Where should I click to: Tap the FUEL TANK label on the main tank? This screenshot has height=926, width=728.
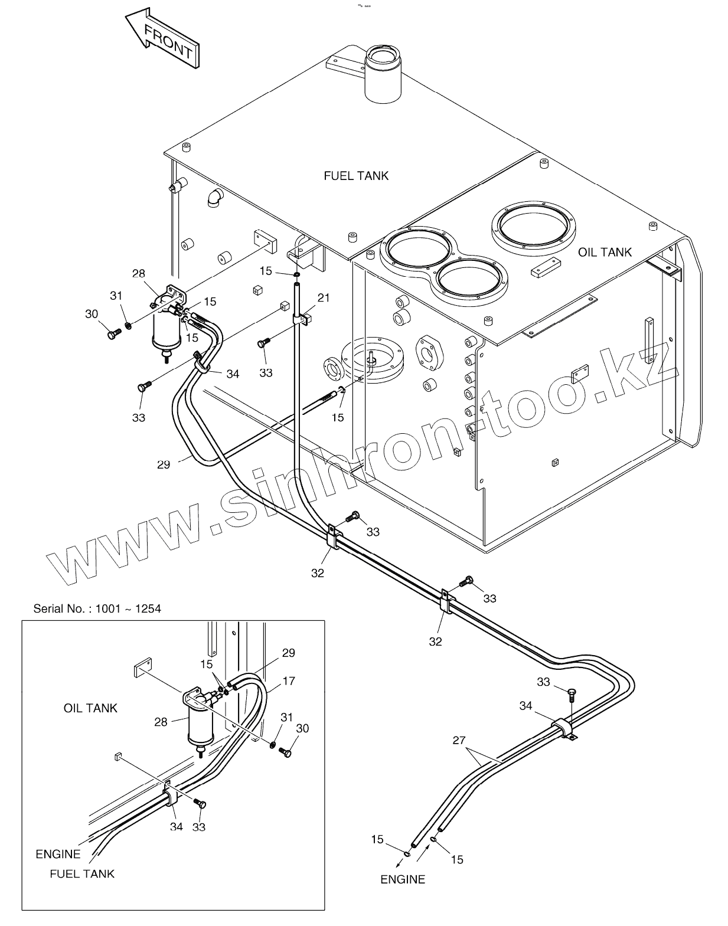coord(356,176)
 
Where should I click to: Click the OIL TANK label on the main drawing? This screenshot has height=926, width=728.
coord(605,253)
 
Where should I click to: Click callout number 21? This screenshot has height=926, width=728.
coord(324,298)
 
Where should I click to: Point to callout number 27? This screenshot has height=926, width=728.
coord(459,741)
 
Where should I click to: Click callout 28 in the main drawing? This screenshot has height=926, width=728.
coord(138,274)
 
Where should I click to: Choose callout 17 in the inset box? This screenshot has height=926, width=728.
coord(288,681)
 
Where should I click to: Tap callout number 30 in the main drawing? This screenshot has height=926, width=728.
coord(92,314)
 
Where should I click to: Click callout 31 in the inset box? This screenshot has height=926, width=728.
coord(286,717)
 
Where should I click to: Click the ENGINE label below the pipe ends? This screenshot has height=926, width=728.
coord(403,879)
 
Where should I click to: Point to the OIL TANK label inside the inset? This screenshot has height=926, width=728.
coord(90,708)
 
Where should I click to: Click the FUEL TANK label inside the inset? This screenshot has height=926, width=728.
coord(82,873)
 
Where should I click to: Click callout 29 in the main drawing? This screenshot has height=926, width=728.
coord(164,464)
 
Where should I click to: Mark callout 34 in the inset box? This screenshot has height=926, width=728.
coord(177,827)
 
